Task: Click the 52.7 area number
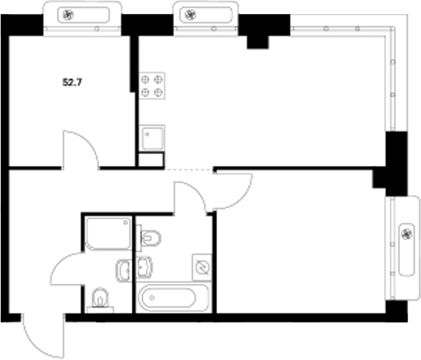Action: coord(73,83)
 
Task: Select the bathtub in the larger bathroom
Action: coord(174,297)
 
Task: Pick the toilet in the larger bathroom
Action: coord(150,237)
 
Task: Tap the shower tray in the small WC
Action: coord(107,234)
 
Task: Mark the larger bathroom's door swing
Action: coord(190,195)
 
